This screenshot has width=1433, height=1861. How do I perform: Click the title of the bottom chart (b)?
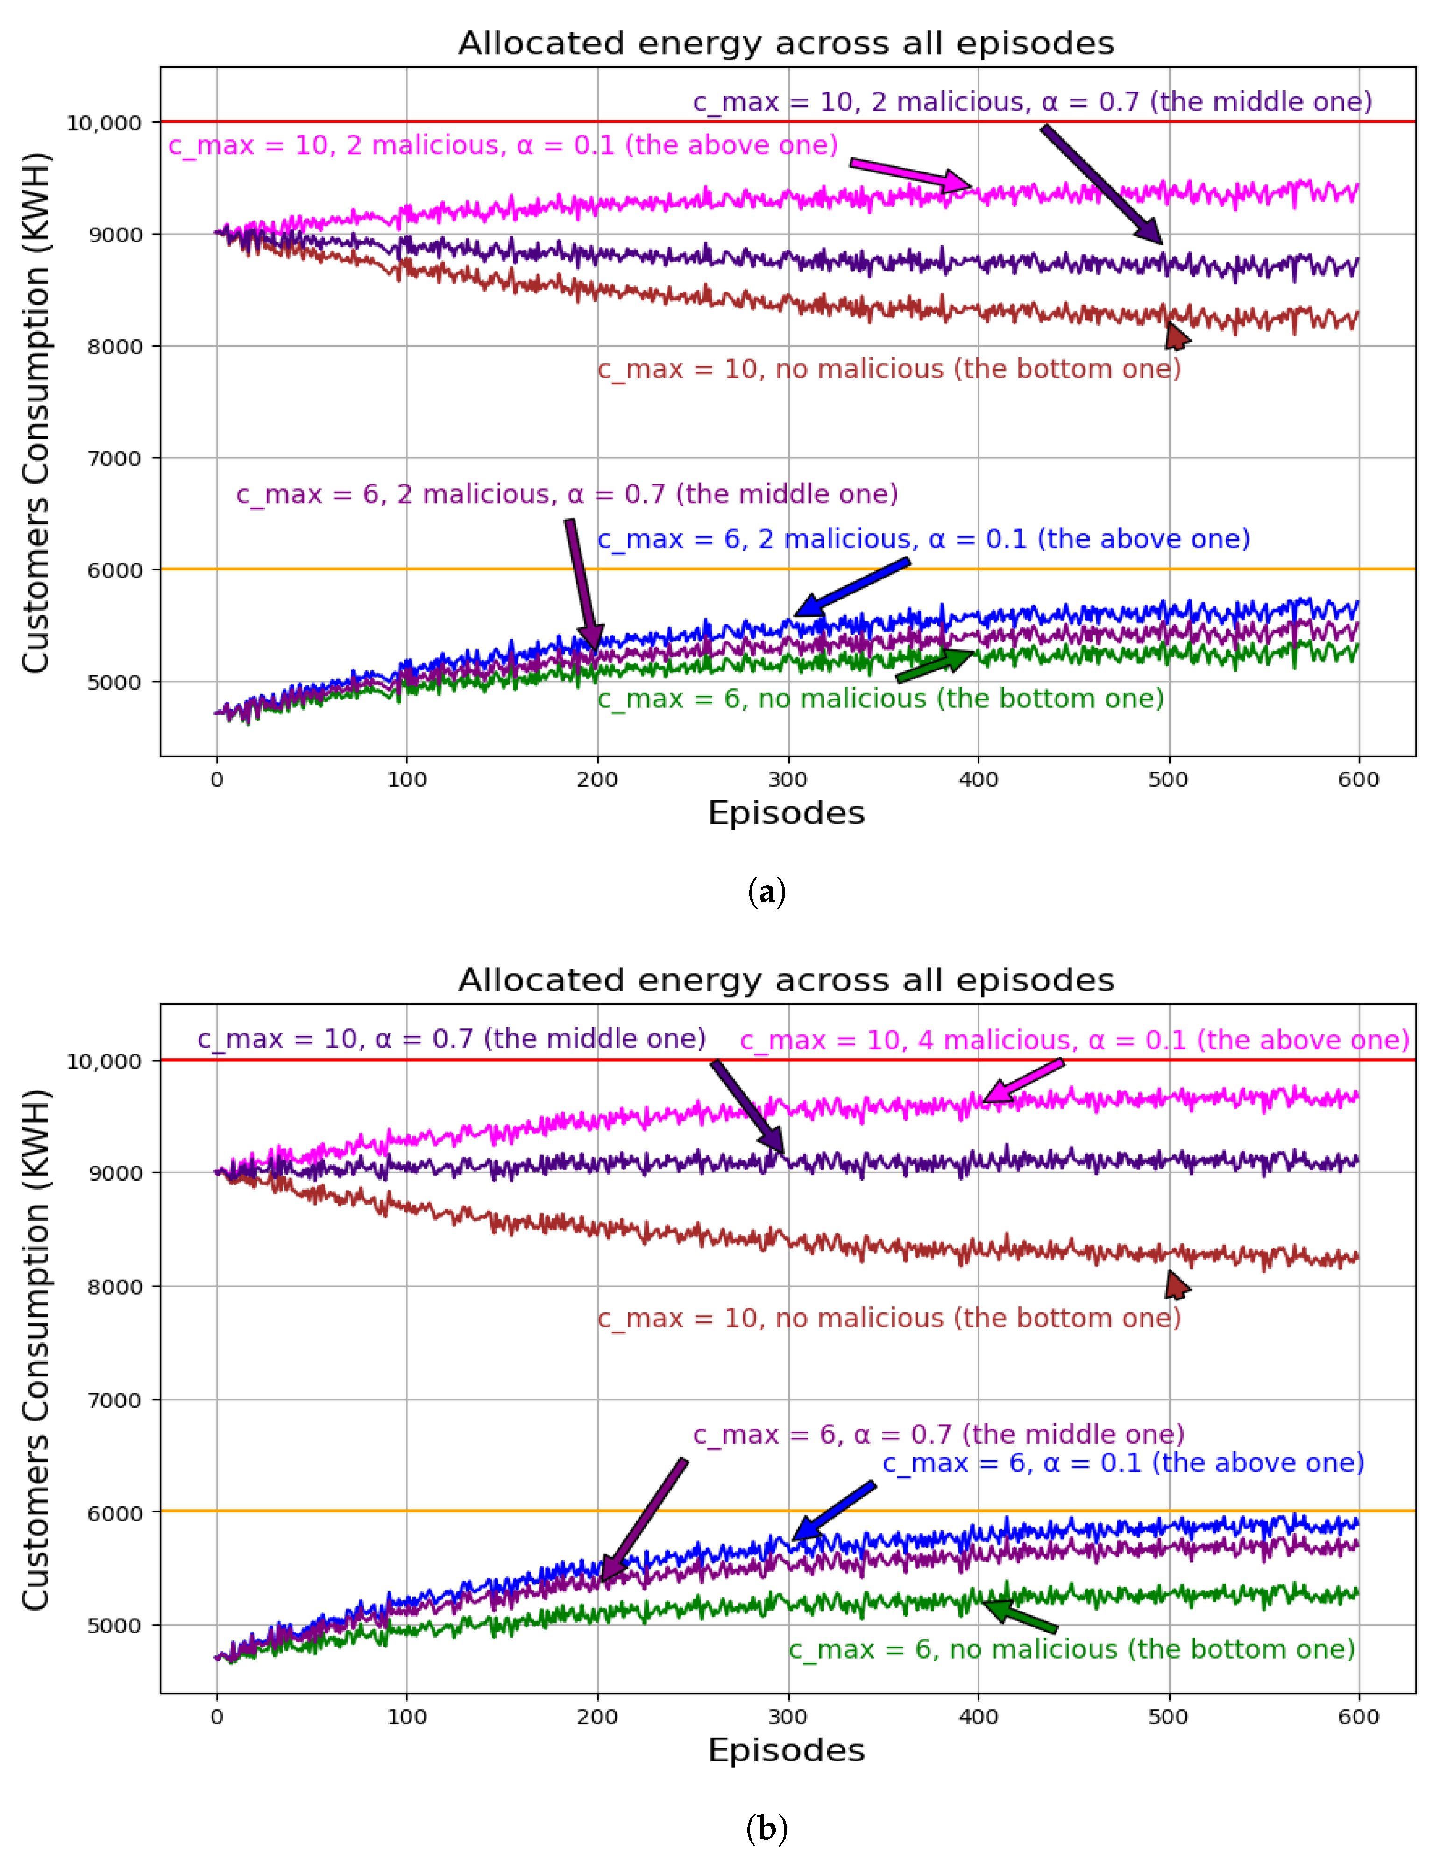pyautogui.click(x=786, y=980)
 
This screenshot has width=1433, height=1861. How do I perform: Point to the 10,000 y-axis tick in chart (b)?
pyautogui.click(x=104, y=1061)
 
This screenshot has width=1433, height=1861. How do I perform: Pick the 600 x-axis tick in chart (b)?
pyautogui.click(x=1358, y=1716)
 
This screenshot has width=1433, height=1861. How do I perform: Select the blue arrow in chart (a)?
pyautogui.click(x=852, y=588)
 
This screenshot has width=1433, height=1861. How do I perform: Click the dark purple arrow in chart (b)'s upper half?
pyautogui.click(x=748, y=1106)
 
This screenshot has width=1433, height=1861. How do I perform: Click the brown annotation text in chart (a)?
pyautogui.click(x=888, y=369)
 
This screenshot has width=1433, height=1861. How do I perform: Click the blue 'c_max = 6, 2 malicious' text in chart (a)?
pyautogui.click(x=922, y=539)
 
